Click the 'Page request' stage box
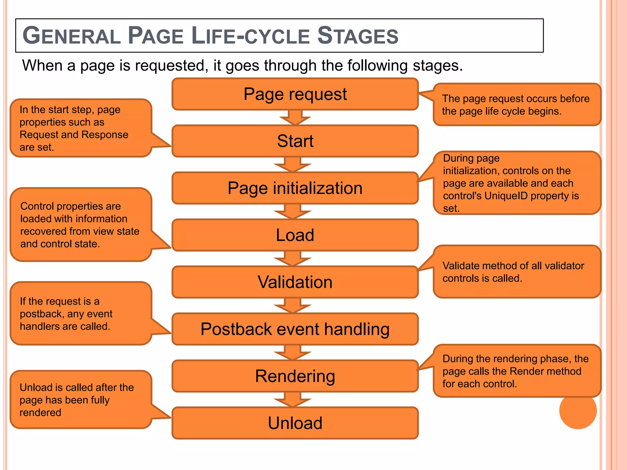[x=295, y=94]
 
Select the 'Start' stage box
[x=295, y=141]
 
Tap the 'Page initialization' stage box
[x=295, y=188]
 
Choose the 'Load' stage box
[x=295, y=235]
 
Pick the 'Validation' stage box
[x=295, y=282]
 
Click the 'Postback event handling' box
[x=295, y=329]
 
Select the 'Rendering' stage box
[x=295, y=376]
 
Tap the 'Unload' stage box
[x=295, y=423]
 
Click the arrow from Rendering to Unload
[x=293, y=399]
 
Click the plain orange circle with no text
[x=578, y=411]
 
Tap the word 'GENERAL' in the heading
[x=72, y=36]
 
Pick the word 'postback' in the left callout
[x=41, y=314]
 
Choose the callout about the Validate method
[x=517, y=272]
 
